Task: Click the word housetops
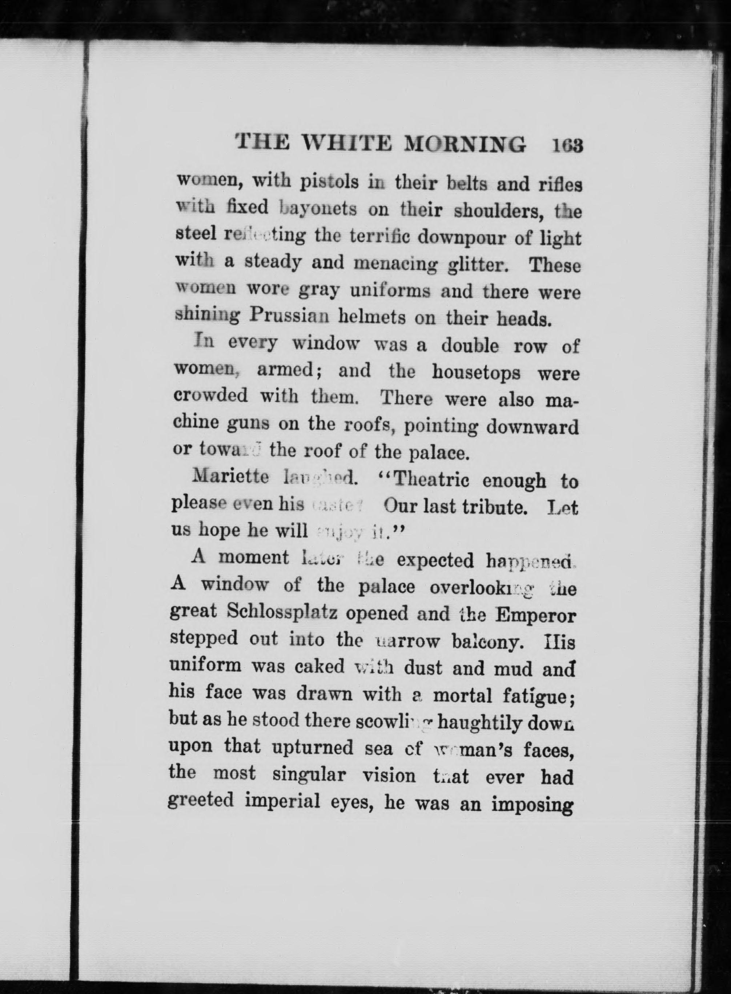click(x=476, y=373)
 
